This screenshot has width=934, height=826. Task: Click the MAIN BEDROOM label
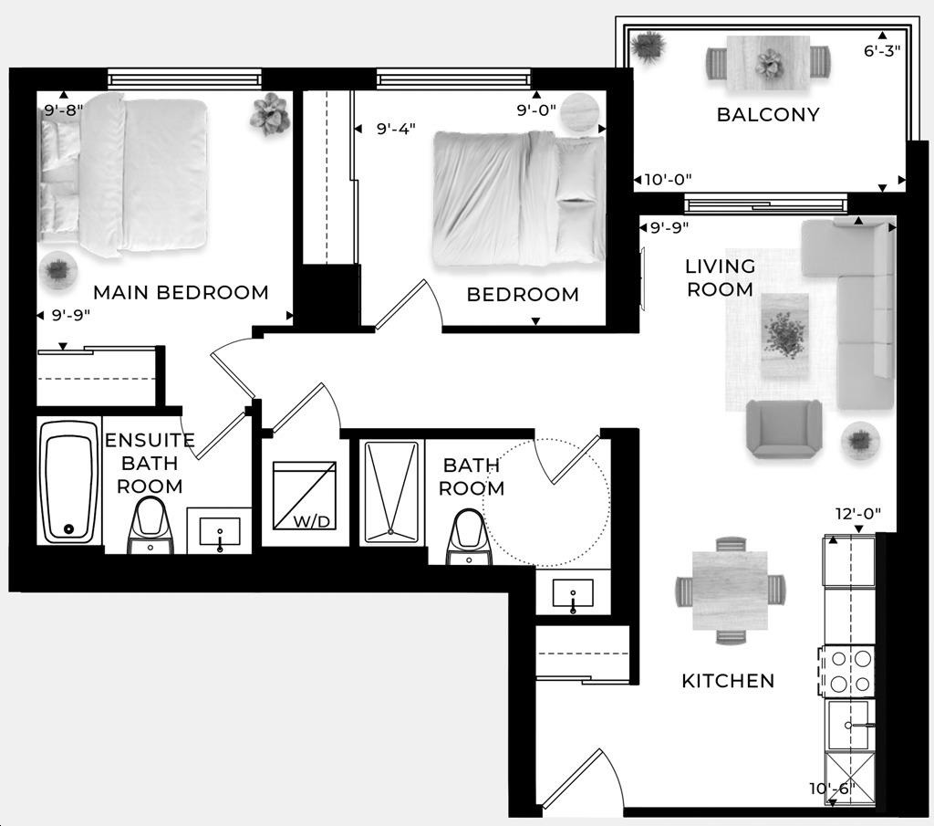(181, 293)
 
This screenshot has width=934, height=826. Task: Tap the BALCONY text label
(767, 115)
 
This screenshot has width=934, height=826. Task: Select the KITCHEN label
(728, 681)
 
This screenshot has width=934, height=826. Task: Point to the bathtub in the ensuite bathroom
(69, 482)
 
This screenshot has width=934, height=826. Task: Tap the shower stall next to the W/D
(390, 493)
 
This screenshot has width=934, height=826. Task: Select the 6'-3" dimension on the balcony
(881, 51)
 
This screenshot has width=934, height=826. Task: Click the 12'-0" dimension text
(857, 514)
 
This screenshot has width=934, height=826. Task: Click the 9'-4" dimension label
(396, 130)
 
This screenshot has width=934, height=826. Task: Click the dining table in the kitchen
(730, 591)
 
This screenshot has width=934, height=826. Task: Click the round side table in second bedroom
(581, 113)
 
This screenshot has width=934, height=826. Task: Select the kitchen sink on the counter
(849, 725)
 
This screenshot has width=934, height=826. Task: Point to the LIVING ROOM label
(720, 277)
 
